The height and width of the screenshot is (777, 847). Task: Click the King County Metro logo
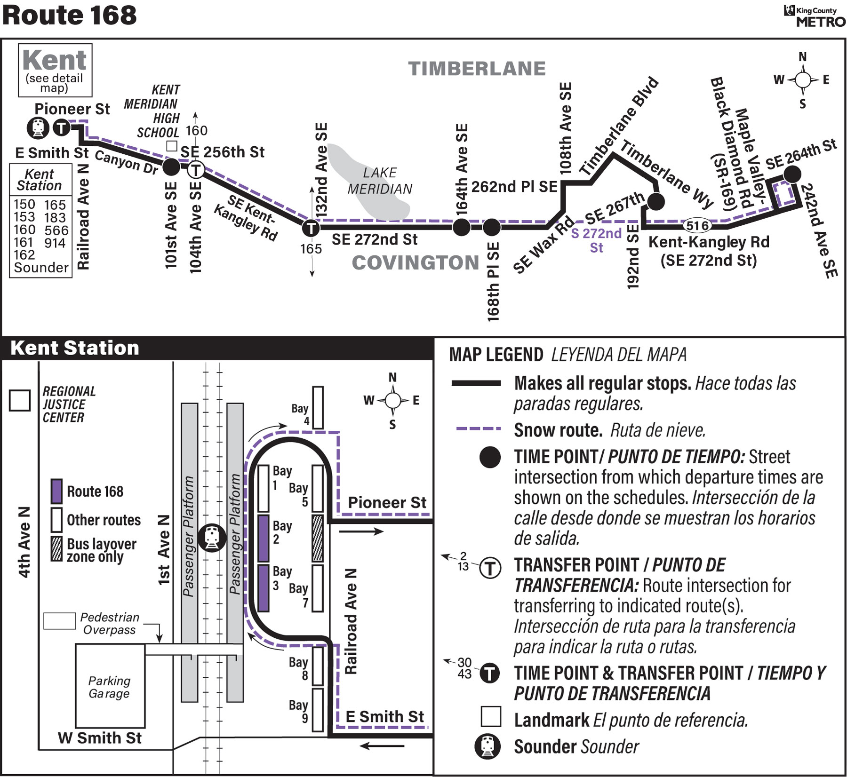pyautogui.click(x=814, y=16)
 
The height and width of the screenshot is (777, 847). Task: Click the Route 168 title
pyautogui.click(x=69, y=15)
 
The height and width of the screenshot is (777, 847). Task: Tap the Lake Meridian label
pyautogui.click(x=380, y=181)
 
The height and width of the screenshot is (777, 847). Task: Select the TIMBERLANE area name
pyautogui.click(x=477, y=69)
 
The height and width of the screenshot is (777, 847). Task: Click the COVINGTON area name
pyautogui.click(x=416, y=262)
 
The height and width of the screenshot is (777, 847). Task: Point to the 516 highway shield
pyautogui.click(x=697, y=226)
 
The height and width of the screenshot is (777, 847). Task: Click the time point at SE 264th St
pyautogui.click(x=792, y=174)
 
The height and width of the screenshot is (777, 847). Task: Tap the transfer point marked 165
pyautogui.click(x=311, y=229)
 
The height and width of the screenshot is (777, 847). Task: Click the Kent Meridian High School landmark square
pyautogui.click(x=172, y=146)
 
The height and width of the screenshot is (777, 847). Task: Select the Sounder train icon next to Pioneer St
pyautogui.click(x=38, y=127)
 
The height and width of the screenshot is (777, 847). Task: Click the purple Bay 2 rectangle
pyautogui.click(x=264, y=538)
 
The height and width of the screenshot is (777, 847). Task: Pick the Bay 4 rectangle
pyautogui.click(x=318, y=408)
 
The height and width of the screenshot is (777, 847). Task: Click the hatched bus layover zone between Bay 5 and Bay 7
pyautogui.click(x=318, y=538)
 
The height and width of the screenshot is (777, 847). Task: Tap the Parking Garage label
pyautogui.click(x=109, y=687)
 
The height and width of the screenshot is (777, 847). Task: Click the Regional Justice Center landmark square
pyautogui.click(x=20, y=400)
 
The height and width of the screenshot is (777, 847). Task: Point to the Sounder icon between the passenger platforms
pyautogui.click(x=212, y=538)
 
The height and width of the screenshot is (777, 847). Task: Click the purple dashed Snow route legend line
pyautogui.click(x=478, y=429)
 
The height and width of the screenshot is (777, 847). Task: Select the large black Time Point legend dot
pyautogui.click(x=490, y=457)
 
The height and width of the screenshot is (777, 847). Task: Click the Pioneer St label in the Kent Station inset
pyautogui.click(x=387, y=502)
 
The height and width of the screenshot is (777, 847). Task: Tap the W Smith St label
pyautogui.click(x=99, y=737)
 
